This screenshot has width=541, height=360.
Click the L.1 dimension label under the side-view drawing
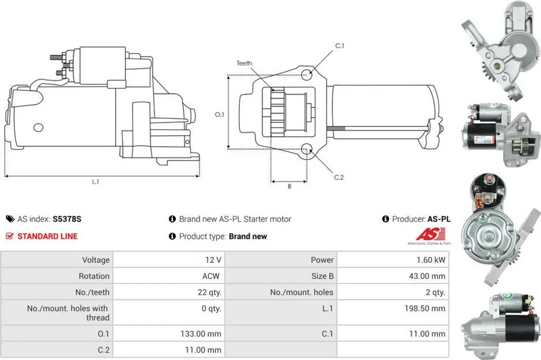click(x=96, y=182)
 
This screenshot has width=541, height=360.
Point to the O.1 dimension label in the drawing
click(x=219, y=114)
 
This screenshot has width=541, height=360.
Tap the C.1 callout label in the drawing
click(x=340, y=45)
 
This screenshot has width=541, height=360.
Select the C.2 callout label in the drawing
click(x=339, y=177)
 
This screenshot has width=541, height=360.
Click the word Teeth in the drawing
click(x=244, y=63)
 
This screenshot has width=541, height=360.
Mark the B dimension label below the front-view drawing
click(x=290, y=186)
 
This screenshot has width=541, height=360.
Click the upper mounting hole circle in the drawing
click(x=306, y=74)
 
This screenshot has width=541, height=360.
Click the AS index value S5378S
click(x=67, y=219)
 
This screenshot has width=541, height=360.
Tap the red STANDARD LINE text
click(x=48, y=236)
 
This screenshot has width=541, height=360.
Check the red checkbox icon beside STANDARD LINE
click(x=10, y=236)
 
